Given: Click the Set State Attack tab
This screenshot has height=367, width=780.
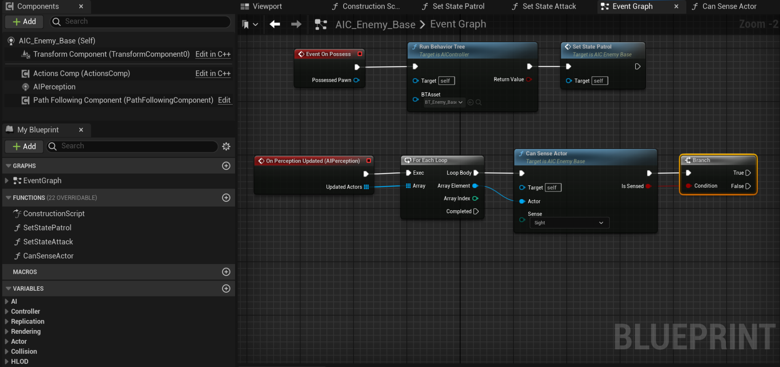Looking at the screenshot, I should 549,6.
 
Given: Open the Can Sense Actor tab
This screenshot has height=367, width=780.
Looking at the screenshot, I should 729,6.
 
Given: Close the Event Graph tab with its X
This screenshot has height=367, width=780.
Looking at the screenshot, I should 676,6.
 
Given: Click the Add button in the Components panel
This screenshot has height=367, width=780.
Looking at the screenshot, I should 24,22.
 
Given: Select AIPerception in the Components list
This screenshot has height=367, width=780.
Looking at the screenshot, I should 54,87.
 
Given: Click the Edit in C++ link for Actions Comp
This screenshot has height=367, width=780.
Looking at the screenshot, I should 213,74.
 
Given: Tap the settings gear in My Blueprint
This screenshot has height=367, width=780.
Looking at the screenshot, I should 226,146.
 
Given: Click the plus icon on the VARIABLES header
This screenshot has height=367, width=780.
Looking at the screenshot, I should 226,288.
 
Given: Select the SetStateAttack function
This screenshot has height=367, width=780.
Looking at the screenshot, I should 48,242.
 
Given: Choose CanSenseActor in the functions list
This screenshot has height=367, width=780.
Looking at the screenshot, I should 48,256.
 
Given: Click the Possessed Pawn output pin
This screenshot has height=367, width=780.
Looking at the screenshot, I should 356,80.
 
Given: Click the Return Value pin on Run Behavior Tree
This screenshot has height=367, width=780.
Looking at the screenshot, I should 529,79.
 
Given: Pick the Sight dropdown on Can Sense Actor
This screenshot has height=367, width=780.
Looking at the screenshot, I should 569,223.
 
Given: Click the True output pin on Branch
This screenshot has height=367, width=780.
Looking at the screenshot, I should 748,173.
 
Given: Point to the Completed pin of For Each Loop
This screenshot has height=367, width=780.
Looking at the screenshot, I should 476,211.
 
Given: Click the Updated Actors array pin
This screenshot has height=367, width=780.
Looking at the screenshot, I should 366,187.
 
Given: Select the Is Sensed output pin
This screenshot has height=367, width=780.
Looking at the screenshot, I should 648,186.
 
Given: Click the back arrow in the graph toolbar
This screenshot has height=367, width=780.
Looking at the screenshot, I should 275,24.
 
